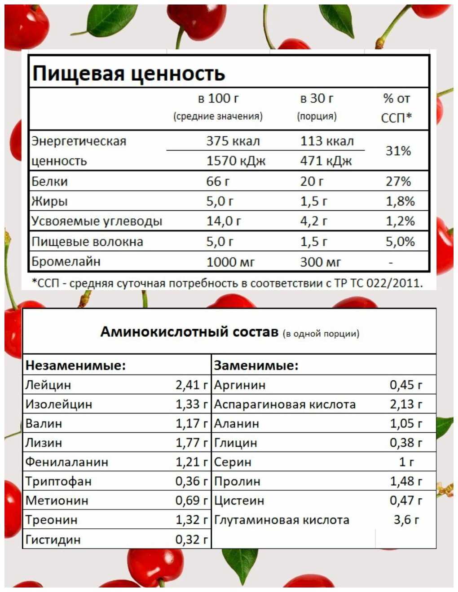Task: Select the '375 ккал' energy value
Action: click(233, 141)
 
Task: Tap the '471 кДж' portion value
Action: click(326, 161)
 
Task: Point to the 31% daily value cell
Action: click(398, 151)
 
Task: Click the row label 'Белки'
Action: click(49, 182)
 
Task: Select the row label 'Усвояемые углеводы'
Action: click(97, 221)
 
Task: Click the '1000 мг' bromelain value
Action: click(230, 262)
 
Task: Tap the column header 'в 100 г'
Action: click(218, 99)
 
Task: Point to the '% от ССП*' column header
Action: click(396, 108)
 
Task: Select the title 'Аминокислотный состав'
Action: click(189, 332)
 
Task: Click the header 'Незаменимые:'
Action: click(75, 366)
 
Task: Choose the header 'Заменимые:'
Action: click(256, 366)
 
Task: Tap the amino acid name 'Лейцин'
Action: click(48, 385)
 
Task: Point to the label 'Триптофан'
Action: click(58, 482)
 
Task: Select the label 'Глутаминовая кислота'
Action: click(282, 520)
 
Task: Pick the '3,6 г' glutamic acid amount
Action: click(406, 520)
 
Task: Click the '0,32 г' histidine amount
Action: click(192, 540)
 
